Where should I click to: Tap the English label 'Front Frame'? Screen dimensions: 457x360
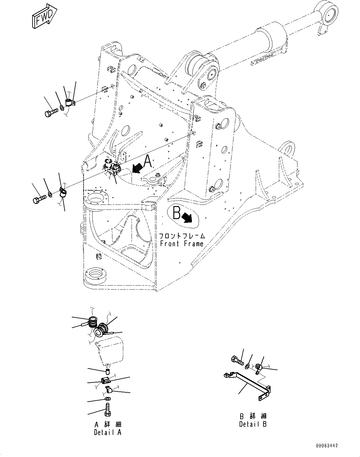182,244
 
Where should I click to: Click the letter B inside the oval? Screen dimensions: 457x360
176,213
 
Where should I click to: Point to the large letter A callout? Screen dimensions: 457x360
148,161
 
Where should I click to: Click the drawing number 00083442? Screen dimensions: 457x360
327,446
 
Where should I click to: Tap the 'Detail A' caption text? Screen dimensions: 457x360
107,432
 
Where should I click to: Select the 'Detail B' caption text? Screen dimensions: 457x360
253,424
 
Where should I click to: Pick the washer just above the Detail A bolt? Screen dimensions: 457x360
107,398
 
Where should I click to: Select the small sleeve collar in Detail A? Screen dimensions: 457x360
108,370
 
